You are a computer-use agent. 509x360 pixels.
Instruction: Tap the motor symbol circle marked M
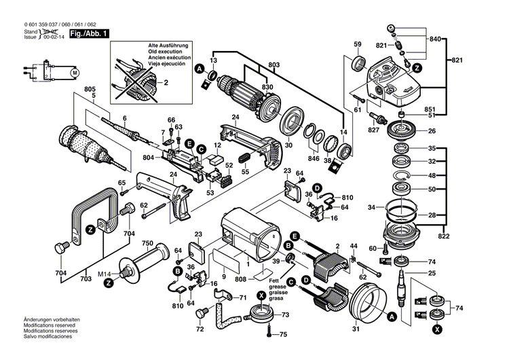[75, 73]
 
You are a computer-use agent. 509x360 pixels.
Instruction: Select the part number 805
[90, 90]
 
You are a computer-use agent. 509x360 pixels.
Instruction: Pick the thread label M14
[103, 274]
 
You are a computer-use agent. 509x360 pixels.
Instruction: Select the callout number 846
[313, 158]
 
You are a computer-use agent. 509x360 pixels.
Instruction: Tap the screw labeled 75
[271, 334]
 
